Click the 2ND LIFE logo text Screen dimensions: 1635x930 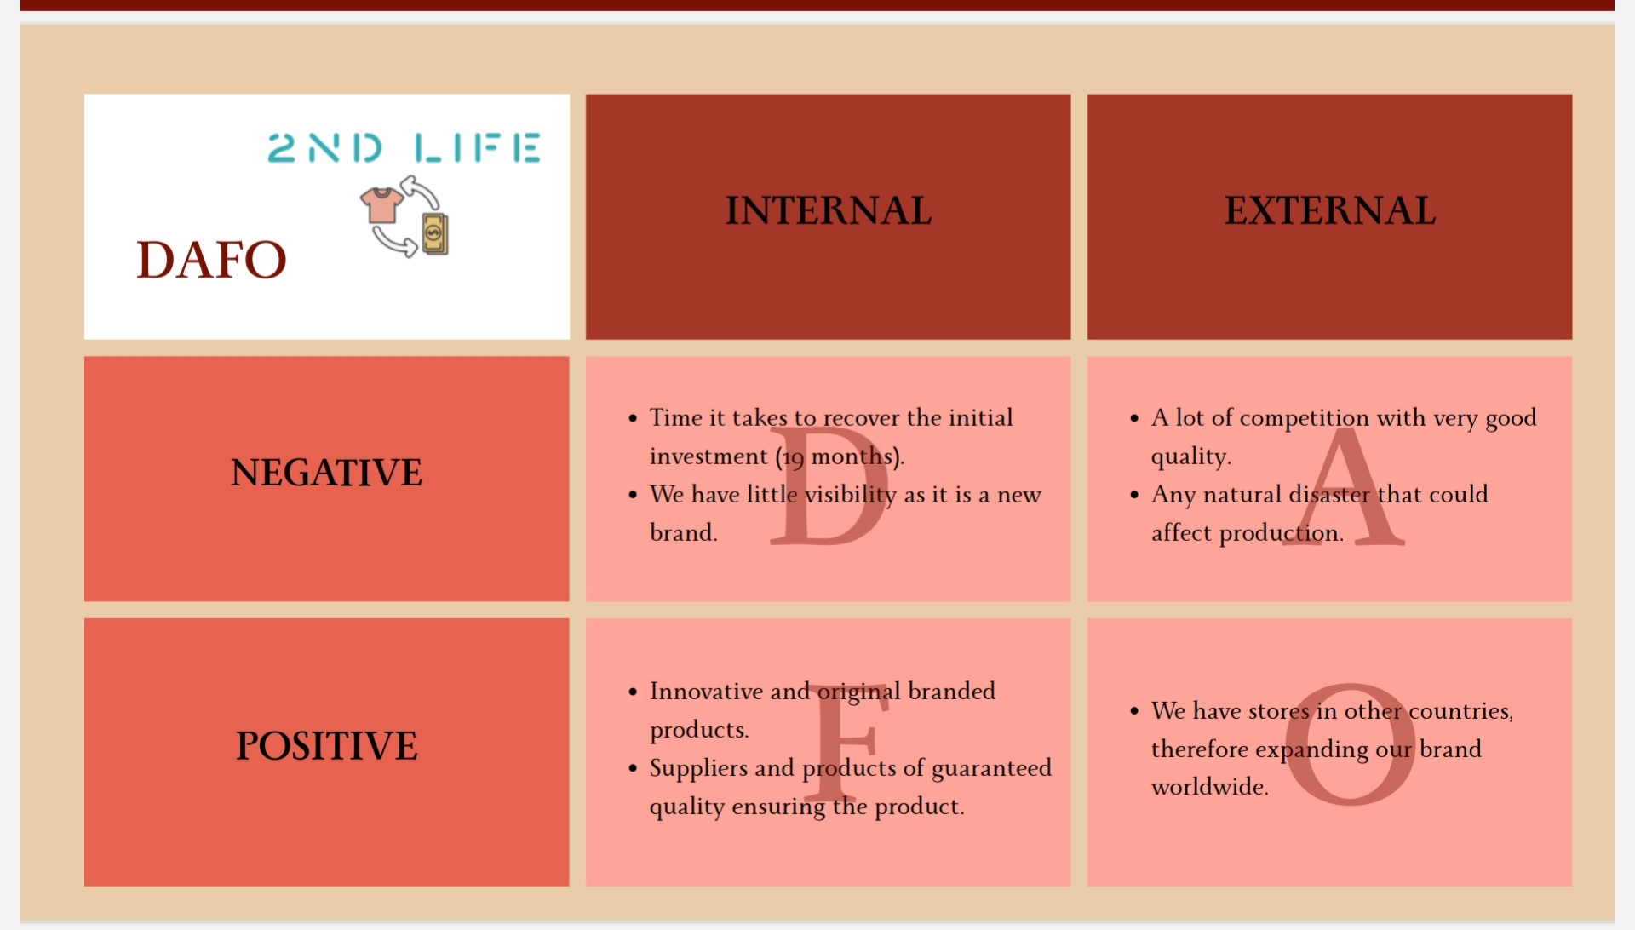[404, 147]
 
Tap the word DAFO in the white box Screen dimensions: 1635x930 [211, 260]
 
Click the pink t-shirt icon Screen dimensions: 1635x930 [381, 205]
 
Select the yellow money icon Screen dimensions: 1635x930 [435, 233]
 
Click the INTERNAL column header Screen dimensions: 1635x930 [829, 210]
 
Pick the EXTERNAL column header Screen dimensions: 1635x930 [1330, 210]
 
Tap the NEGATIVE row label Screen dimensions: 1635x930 [326, 473]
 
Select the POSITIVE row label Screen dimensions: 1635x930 [326, 746]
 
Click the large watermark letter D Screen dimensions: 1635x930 [828, 485]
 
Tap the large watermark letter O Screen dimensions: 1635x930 [1351, 744]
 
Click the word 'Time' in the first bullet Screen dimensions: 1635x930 [676, 417]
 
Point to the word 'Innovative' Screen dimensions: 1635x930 [706, 691]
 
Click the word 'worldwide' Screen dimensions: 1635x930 [1208, 786]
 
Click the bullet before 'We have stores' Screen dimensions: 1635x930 [1134, 711]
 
